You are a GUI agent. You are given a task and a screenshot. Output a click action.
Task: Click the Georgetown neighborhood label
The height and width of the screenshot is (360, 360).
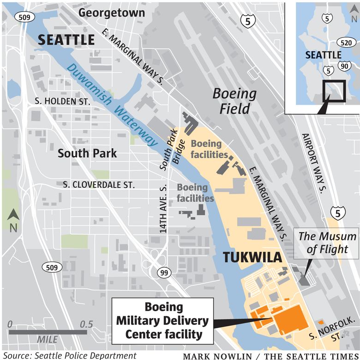[111, 12]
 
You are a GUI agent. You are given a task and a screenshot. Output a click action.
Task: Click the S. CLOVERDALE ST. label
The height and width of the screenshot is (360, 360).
[99, 185]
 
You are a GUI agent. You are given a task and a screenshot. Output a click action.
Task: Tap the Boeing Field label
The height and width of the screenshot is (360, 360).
[234, 101]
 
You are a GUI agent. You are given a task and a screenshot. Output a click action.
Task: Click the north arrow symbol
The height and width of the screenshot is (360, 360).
[13, 219]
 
